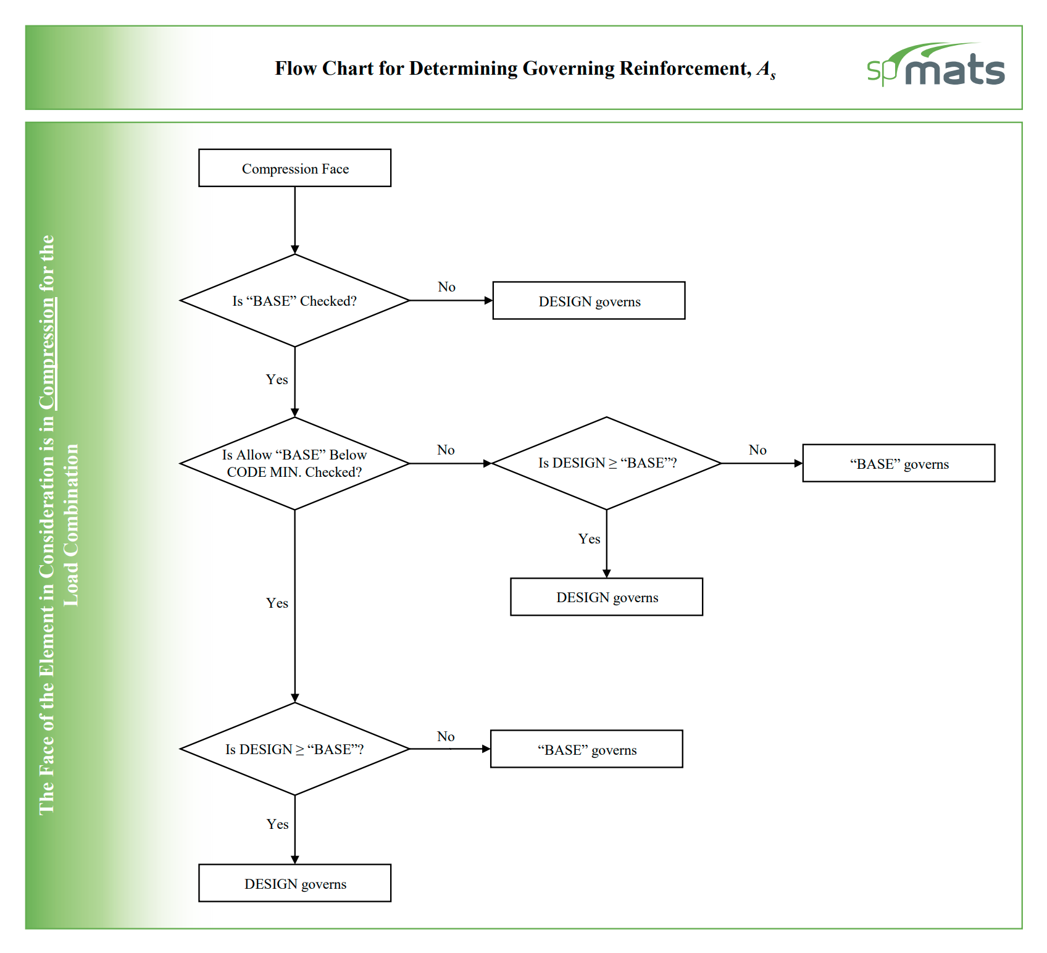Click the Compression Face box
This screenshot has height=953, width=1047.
click(x=294, y=168)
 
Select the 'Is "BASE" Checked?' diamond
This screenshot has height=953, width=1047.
click(x=294, y=301)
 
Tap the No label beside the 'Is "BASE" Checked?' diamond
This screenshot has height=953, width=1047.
click(x=446, y=287)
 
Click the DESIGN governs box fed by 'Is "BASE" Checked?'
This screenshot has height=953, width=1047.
click(x=588, y=301)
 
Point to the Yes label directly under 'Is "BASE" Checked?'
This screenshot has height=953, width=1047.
click(x=277, y=379)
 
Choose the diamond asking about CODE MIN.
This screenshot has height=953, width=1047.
click(x=294, y=463)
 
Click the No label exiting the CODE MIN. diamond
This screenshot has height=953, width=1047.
click(x=446, y=450)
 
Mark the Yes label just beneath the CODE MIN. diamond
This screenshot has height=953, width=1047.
click(x=277, y=603)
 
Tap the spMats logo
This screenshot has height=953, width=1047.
click(x=935, y=66)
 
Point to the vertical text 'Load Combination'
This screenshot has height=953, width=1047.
click(x=72, y=525)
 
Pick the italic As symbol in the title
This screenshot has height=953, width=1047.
click(x=766, y=69)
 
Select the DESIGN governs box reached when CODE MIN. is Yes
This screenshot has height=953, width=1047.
click(x=294, y=883)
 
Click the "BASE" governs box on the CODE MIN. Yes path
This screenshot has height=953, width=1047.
click(x=586, y=749)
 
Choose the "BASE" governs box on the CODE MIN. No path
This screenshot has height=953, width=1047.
click(x=898, y=463)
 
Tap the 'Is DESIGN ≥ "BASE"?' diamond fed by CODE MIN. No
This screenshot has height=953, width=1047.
click(x=606, y=463)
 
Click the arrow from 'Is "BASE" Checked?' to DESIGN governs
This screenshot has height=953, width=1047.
click(x=451, y=301)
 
